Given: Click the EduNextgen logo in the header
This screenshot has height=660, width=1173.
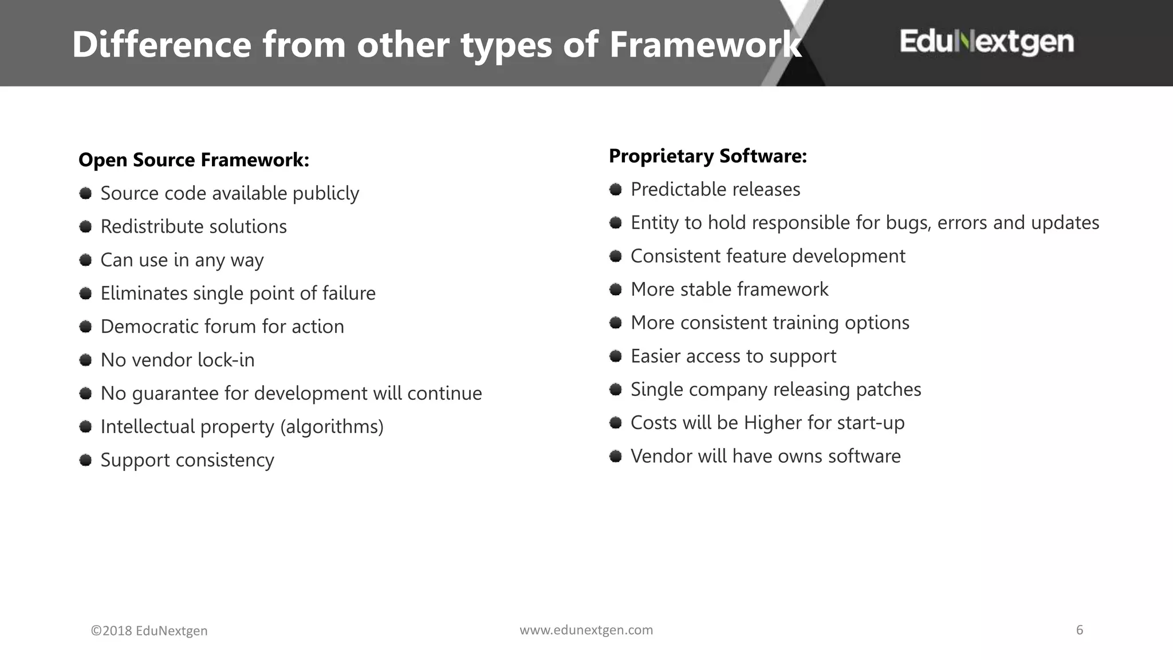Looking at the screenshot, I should [x=986, y=42].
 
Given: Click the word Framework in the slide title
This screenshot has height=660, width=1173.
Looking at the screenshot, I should [x=704, y=45].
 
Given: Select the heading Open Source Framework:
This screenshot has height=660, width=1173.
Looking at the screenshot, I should [x=194, y=160].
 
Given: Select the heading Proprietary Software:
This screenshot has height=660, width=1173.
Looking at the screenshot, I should [x=707, y=156].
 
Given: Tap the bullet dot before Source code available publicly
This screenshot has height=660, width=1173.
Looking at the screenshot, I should [x=86, y=193].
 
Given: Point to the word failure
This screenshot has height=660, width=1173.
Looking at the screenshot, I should [x=348, y=293].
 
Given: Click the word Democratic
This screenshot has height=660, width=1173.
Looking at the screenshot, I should [x=149, y=327].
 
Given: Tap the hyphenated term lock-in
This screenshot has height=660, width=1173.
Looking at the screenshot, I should [x=226, y=360].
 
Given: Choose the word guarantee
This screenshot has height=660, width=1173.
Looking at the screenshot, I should [x=175, y=394].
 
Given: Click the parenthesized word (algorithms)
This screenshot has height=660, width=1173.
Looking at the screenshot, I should [x=332, y=427].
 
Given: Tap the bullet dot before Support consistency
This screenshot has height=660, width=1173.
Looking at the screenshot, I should [x=86, y=460].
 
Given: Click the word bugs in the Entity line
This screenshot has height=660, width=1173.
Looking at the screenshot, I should [x=908, y=223].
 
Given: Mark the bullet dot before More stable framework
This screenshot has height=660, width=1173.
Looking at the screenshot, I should [x=616, y=289].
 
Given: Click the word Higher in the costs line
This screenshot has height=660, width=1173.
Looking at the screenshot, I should [x=773, y=423].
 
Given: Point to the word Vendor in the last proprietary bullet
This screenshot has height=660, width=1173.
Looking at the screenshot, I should [x=661, y=456].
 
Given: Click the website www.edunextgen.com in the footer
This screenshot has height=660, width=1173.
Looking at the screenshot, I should [x=586, y=630].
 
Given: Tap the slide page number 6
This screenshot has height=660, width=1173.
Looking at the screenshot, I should [x=1080, y=630].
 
